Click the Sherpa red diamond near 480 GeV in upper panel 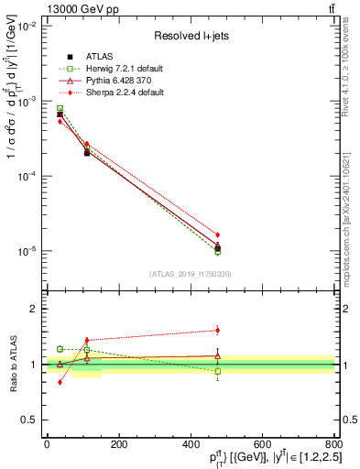[217, 234]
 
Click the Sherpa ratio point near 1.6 [217, 330]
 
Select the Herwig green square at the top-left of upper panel [60, 109]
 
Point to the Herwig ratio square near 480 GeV [217, 371]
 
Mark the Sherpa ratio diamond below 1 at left [60, 382]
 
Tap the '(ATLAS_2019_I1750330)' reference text [191, 274]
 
